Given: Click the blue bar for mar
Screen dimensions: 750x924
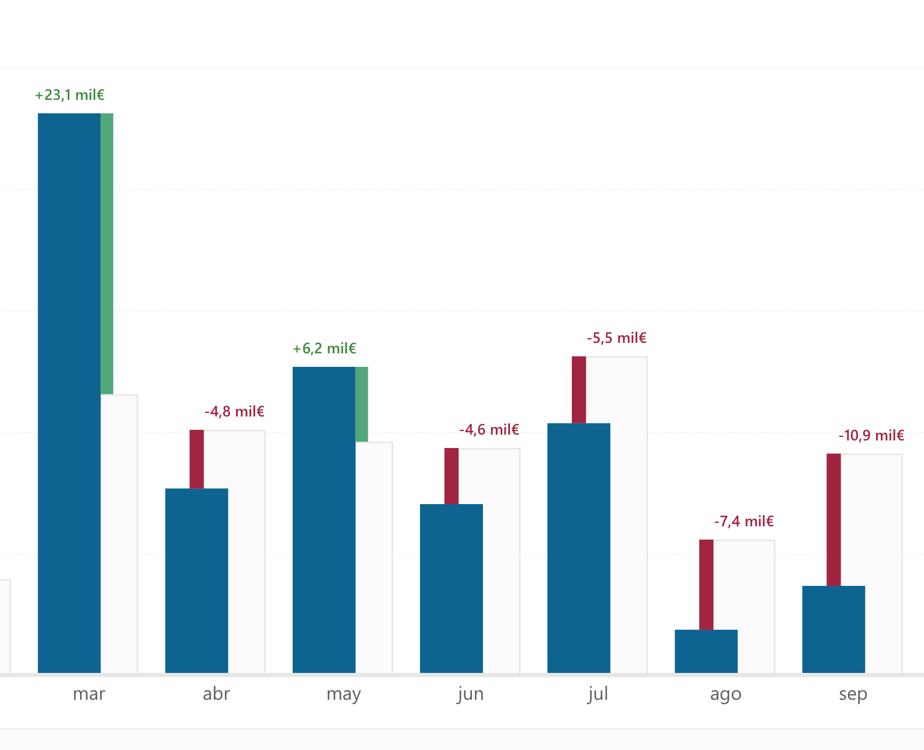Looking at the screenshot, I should [x=69, y=393].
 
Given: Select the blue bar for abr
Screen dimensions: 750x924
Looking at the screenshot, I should [x=196, y=581].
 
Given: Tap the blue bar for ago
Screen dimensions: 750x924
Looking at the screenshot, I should [x=706, y=651].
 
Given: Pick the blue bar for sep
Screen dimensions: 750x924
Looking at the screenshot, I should [x=833, y=629].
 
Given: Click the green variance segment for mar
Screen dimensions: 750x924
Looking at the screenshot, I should [x=107, y=254].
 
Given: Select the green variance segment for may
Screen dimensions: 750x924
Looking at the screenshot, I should [x=362, y=404].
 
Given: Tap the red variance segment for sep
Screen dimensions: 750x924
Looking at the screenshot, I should [x=833, y=519].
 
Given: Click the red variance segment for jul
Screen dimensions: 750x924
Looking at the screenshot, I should [x=579, y=390].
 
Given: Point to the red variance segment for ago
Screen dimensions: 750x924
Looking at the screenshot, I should [x=706, y=584].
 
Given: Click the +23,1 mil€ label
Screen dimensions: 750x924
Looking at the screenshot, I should [x=70, y=95].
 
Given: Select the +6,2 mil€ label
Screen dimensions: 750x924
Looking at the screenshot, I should [x=324, y=349].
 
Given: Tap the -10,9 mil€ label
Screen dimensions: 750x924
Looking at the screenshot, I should [x=871, y=436].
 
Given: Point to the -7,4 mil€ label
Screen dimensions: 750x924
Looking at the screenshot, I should [x=744, y=522].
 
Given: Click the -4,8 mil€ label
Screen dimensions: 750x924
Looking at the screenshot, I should [x=234, y=412].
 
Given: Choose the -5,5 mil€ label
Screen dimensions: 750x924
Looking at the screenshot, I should [x=616, y=338].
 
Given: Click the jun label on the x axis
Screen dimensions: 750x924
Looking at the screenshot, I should [x=470, y=694].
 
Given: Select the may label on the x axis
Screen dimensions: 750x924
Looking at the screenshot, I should [x=343, y=694].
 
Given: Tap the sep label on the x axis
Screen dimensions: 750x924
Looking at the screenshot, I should [x=853, y=694].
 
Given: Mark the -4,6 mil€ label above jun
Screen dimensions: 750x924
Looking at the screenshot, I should [x=489, y=430].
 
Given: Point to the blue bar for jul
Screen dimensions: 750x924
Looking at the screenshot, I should [x=578, y=548].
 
